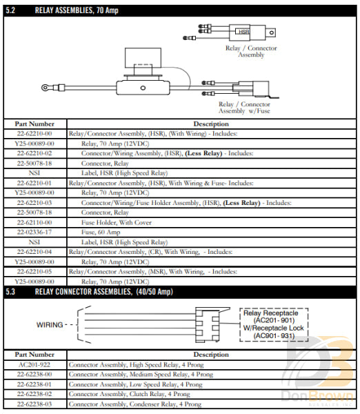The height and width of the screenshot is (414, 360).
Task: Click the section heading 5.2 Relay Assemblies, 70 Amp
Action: (66, 10)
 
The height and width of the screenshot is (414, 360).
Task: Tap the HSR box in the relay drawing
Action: (243, 32)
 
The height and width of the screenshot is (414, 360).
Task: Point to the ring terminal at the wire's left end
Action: (46, 88)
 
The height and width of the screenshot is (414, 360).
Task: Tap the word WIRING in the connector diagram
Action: (52, 324)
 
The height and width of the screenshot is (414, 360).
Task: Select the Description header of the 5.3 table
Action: (211, 354)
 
